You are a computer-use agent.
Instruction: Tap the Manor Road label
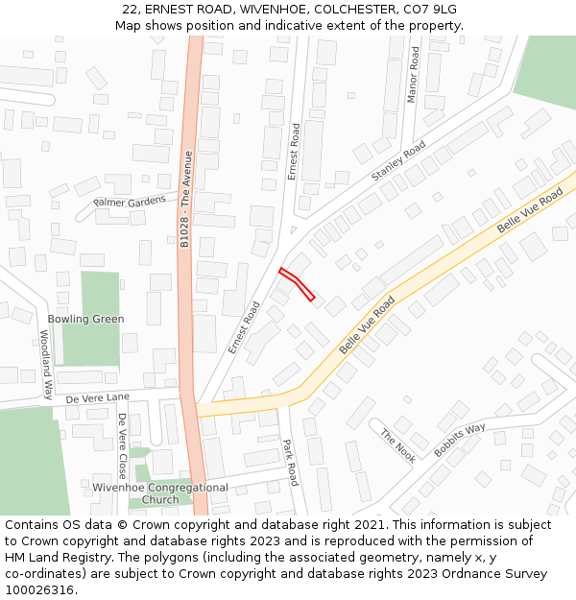coord(414,74)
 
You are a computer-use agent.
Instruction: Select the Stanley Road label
coord(398,161)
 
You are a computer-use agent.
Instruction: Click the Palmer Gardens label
coord(130,202)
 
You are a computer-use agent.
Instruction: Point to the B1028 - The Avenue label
coord(186,200)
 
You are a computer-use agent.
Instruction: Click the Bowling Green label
coord(85,319)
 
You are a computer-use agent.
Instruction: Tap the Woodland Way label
coord(45,364)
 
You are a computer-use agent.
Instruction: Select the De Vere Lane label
coord(97,397)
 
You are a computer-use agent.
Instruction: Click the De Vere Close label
coord(122,445)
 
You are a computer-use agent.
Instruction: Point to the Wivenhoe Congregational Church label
coord(160,493)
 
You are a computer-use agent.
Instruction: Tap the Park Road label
coord(291,463)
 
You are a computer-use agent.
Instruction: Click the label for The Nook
coord(398,445)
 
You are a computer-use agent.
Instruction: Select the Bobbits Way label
coord(460,441)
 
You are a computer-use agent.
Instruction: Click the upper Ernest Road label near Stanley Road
coord(294,151)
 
